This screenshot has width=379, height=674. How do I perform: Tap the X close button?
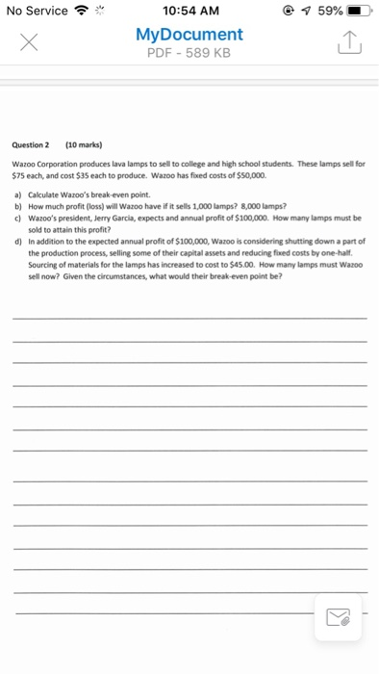(x=27, y=43)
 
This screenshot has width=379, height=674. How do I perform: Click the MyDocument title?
(x=189, y=35)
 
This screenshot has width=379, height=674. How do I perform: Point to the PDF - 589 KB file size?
(x=189, y=52)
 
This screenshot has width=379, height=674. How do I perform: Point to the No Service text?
(x=37, y=11)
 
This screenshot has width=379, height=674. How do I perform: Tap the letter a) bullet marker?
(x=16, y=195)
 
